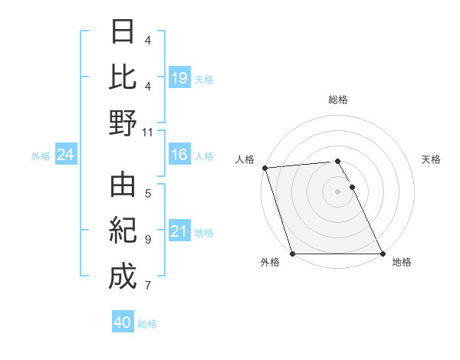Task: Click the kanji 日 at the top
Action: pyautogui.click(x=123, y=32)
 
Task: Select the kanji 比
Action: pyautogui.click(x=123, y=77)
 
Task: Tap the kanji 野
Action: pyautogui.click(x=123, y=122)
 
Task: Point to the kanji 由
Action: pyautogui.click(x=123, y=186)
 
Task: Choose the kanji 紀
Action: pyautogui.click(x=123, y=231)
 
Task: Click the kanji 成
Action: pyautogui.click(x=123, y=276)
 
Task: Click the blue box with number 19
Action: pyautogui.click(x=179, y=77)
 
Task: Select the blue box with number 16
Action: pyautogui.click(x=179, y=155)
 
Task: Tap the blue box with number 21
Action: pyautogui.click(x=179, y=231)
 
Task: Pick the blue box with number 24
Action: pyautogui.click(x=66, y=155)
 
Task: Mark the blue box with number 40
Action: pyautogui.click(x=123, y=322)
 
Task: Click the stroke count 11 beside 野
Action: pyautogui.click(x=148, y=131)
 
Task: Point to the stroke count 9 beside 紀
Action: pyautogui.click(x=147, y=240)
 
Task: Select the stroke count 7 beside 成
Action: pyautogui.click(x=147, y=286)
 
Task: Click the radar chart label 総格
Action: pyautogui.click(x=338, y=100)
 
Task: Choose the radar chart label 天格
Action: pyautogui.click(x=432, y=159)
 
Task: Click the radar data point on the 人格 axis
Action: pyautogui.click(x=264, y=168)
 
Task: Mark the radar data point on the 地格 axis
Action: pyautogui.click(x=382, y=254)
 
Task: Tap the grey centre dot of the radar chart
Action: pyautogui.click(x=337, y=191)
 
